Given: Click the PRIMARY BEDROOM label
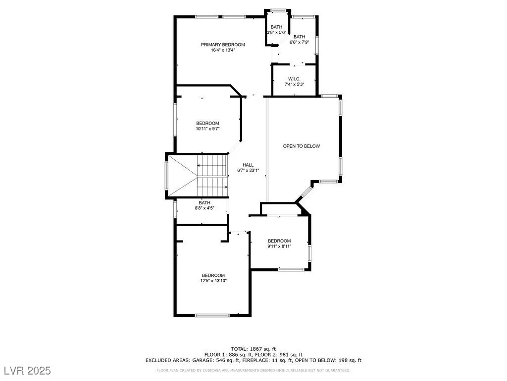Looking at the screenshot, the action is coord(223,45).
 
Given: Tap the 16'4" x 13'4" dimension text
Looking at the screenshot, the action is coord(223,50).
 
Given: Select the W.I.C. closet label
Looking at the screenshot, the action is coord(294,79).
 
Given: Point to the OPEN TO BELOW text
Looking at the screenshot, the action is coord(302,146).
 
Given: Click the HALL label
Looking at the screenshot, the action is coord(248,165).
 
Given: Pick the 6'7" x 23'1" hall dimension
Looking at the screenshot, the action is coord(248,170).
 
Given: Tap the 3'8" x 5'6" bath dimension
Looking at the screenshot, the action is coord(276,32).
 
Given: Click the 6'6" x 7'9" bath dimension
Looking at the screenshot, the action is coord(300,42).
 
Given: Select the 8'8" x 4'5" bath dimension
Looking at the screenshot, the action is coord(204,208).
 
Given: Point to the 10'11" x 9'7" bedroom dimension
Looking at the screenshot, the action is coord(207,128).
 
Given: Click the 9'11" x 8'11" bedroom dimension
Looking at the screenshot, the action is coord(279,246).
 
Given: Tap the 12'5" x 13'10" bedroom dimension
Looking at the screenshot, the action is coord(213,281).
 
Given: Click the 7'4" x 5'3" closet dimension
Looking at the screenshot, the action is coord(294,84).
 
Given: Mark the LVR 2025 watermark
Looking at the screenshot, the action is coord(28,370).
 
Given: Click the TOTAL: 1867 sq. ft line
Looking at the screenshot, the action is coord(253,349).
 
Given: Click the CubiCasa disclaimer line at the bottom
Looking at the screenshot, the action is coord(253,370).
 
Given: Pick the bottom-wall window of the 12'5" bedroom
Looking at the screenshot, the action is coord(212,315).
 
